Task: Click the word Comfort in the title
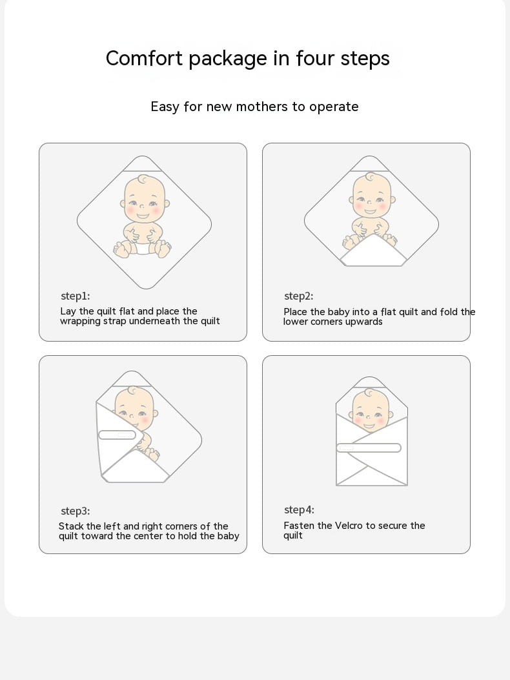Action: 144,58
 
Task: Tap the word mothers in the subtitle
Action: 261,107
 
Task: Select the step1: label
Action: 76,296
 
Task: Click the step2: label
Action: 299,296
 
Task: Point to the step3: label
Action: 76,511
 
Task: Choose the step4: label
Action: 300,510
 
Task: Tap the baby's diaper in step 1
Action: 143,247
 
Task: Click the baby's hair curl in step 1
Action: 143,180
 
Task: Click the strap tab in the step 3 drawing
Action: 117,435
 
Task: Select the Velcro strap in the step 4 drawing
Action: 369,448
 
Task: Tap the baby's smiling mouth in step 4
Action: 369,426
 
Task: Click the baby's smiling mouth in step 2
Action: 371,212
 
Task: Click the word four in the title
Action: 315,58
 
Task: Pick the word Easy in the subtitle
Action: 165,107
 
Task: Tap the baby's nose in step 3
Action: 134,415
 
